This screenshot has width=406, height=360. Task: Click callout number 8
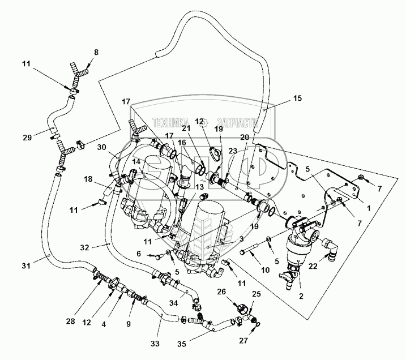(x=96, y=52)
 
